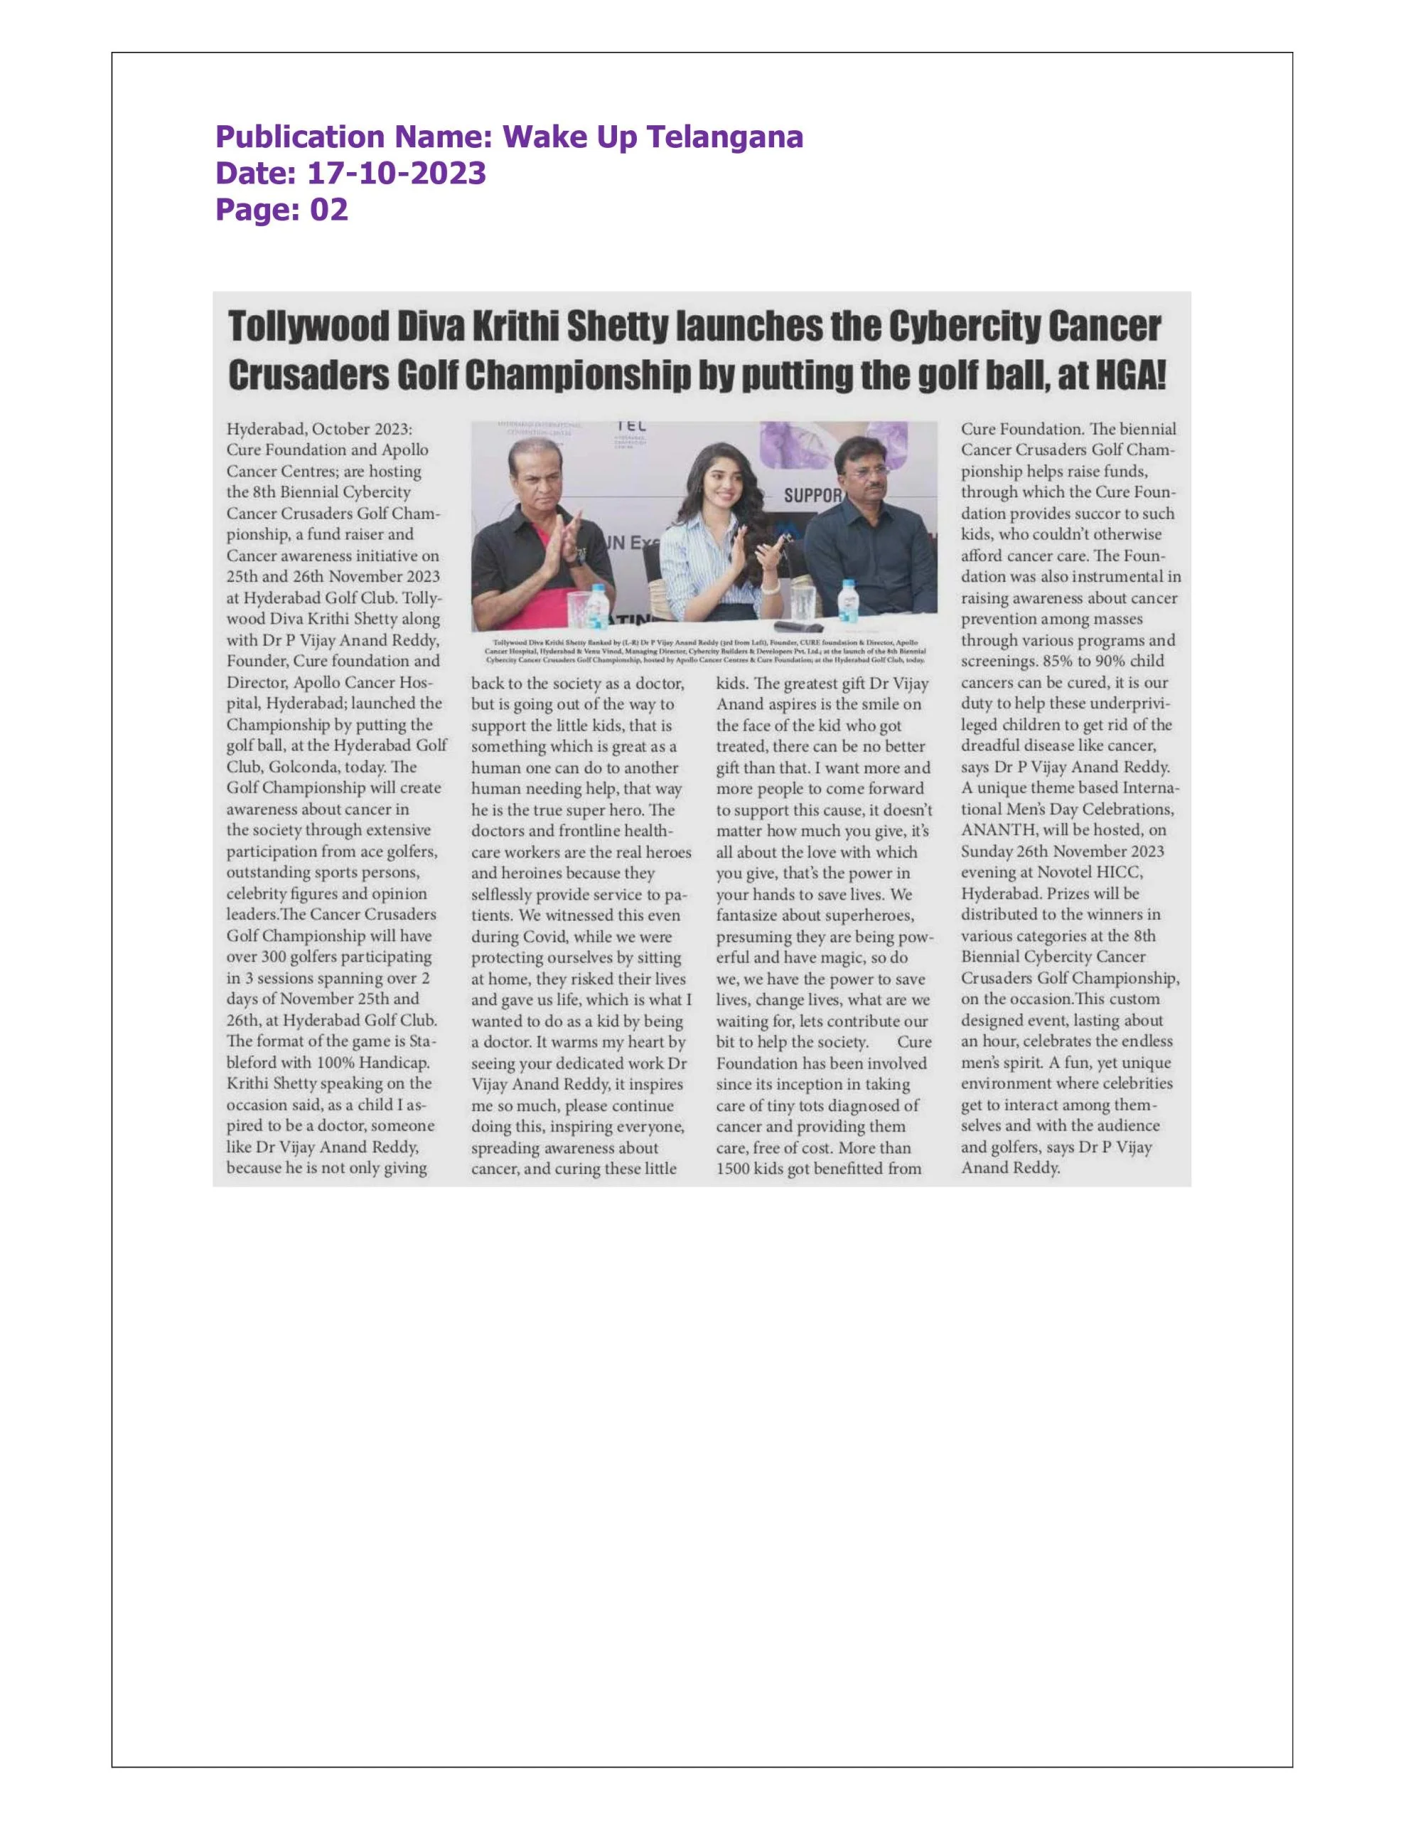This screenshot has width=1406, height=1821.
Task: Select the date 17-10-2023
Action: tap(397, 174)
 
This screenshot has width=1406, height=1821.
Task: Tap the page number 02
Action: tap(328, 209)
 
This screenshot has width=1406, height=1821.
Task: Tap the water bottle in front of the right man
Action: tap(849, 600)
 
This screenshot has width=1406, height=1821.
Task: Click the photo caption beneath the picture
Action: tap(705, 650)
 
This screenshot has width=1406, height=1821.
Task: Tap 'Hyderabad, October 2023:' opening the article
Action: tap(319, 430)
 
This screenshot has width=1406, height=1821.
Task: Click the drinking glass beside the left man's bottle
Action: tap(576, 608)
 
